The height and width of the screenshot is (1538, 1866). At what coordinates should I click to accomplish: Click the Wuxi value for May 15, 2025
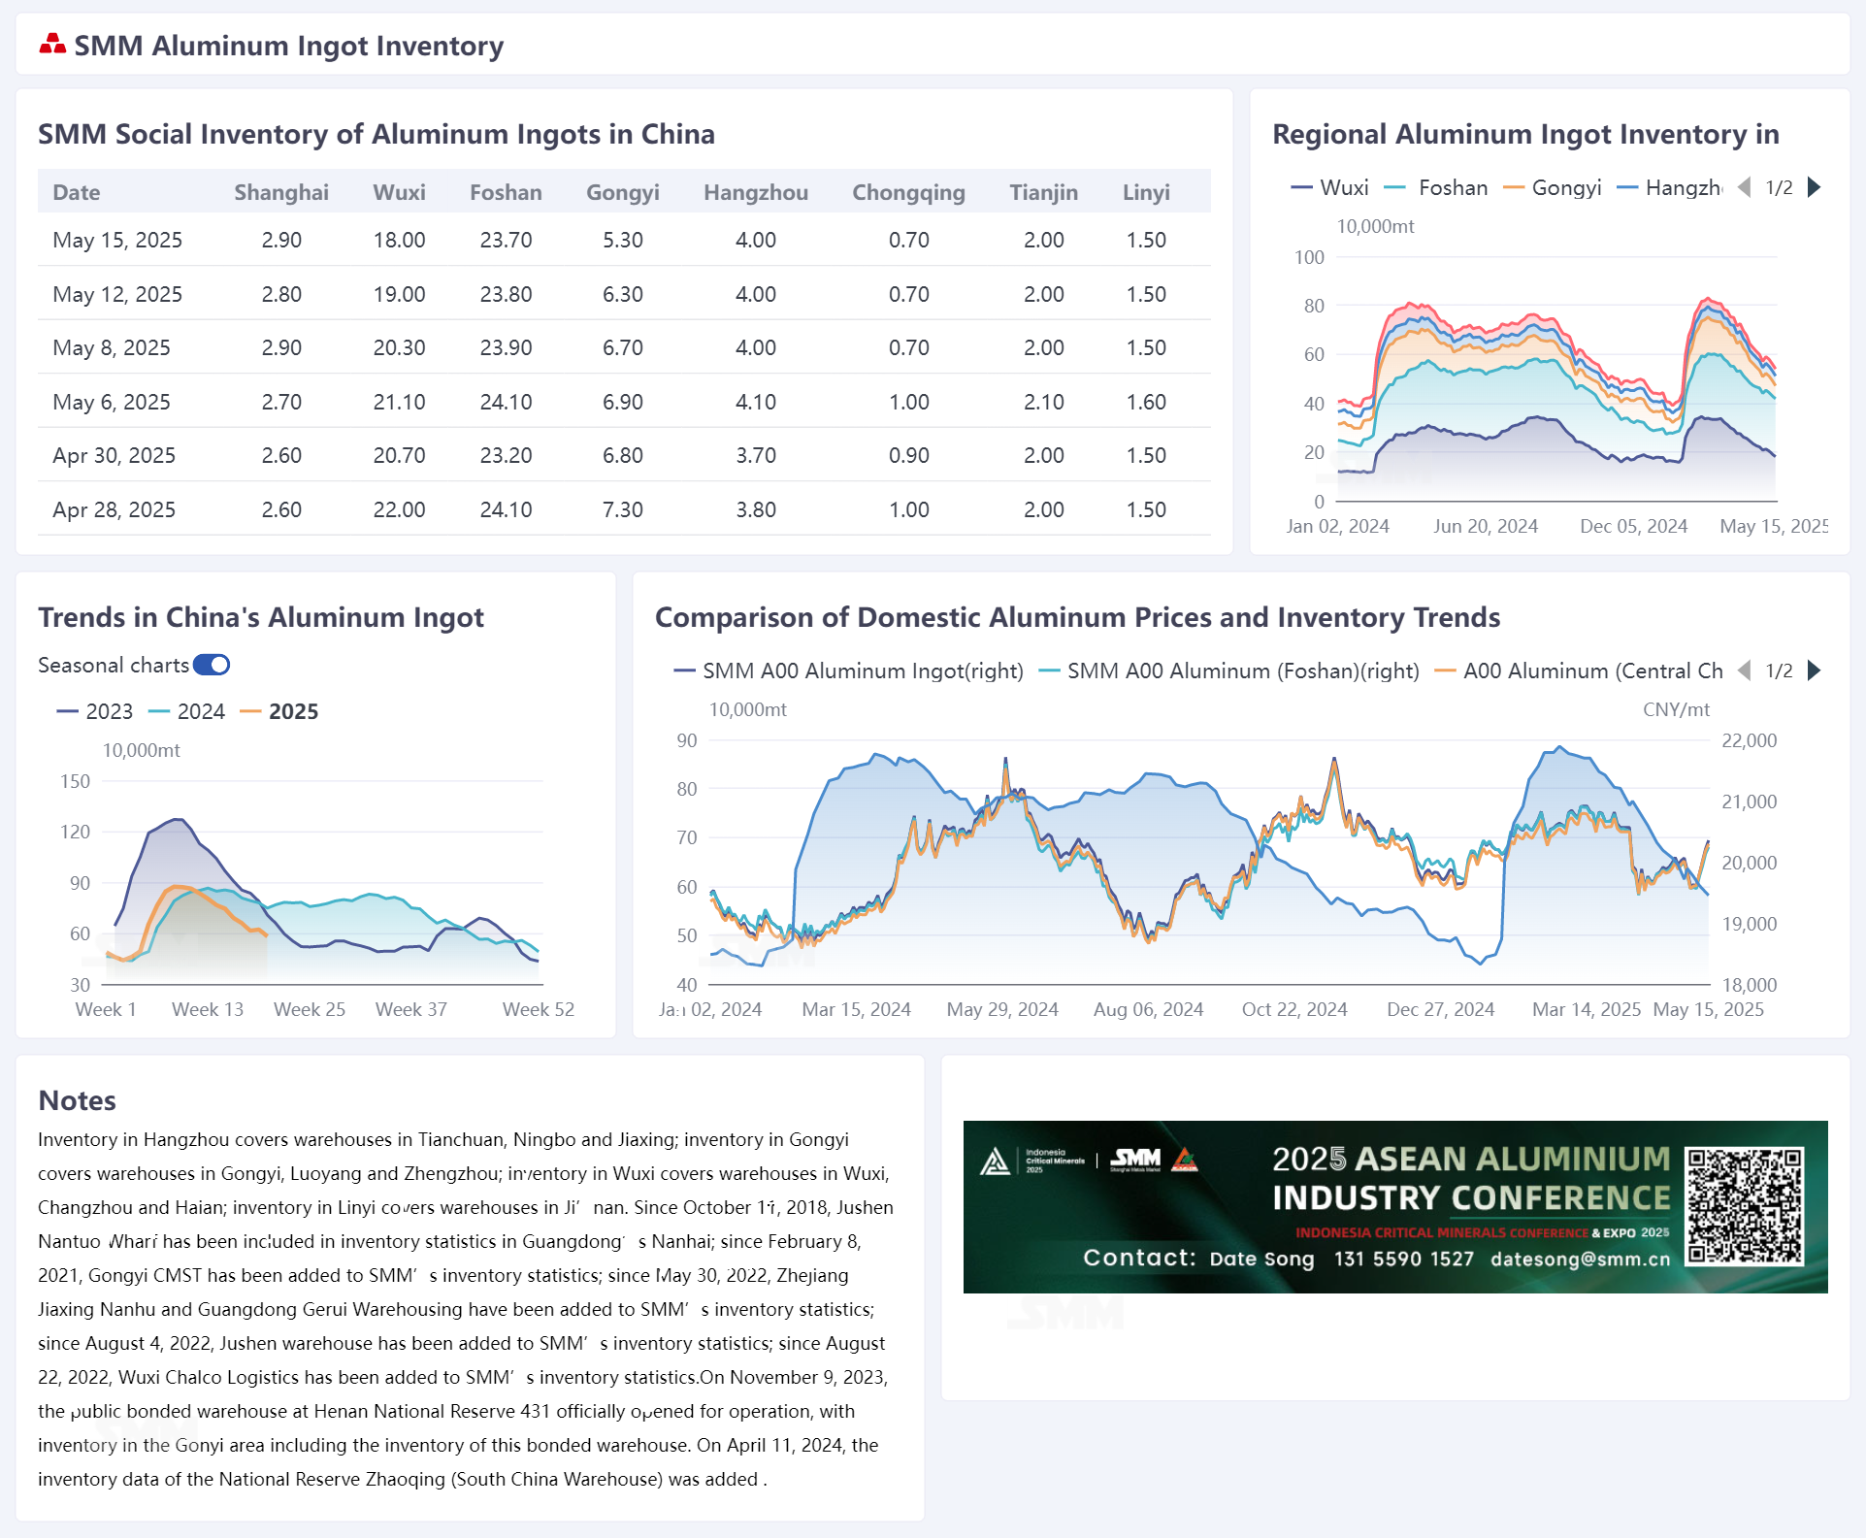[399, 240]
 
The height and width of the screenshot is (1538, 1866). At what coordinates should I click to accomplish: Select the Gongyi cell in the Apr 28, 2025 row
[622, 509]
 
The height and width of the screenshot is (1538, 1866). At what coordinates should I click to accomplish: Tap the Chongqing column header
[908, 192]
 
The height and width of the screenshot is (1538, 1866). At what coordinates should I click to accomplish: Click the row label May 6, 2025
[112, 402]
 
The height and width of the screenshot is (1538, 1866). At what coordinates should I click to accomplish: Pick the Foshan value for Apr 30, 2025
[506, 455]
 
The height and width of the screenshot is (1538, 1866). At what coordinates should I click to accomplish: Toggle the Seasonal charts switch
[212, 665]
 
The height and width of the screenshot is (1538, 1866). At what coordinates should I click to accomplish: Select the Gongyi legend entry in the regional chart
[1553, 187]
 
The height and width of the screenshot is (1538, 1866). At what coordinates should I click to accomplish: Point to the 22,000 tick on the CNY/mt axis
[1749, 740]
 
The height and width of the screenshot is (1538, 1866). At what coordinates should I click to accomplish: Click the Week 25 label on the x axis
[310, 1009]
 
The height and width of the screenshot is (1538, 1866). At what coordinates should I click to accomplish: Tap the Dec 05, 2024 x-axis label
[1633, 526]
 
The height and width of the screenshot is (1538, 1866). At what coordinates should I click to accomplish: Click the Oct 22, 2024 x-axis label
[1294, 1009]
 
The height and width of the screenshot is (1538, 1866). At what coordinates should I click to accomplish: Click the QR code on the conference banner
[1744, 1206]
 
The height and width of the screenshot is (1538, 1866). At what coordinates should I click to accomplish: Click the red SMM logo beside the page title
[52, 44]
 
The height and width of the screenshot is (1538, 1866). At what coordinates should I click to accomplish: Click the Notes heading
[77, 1100]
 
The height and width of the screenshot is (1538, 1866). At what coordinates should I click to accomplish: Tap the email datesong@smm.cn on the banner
[1581, 1259]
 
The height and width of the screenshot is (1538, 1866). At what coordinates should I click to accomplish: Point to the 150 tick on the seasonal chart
[75, 781]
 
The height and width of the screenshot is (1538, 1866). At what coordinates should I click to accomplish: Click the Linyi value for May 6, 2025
[1145, 402]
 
